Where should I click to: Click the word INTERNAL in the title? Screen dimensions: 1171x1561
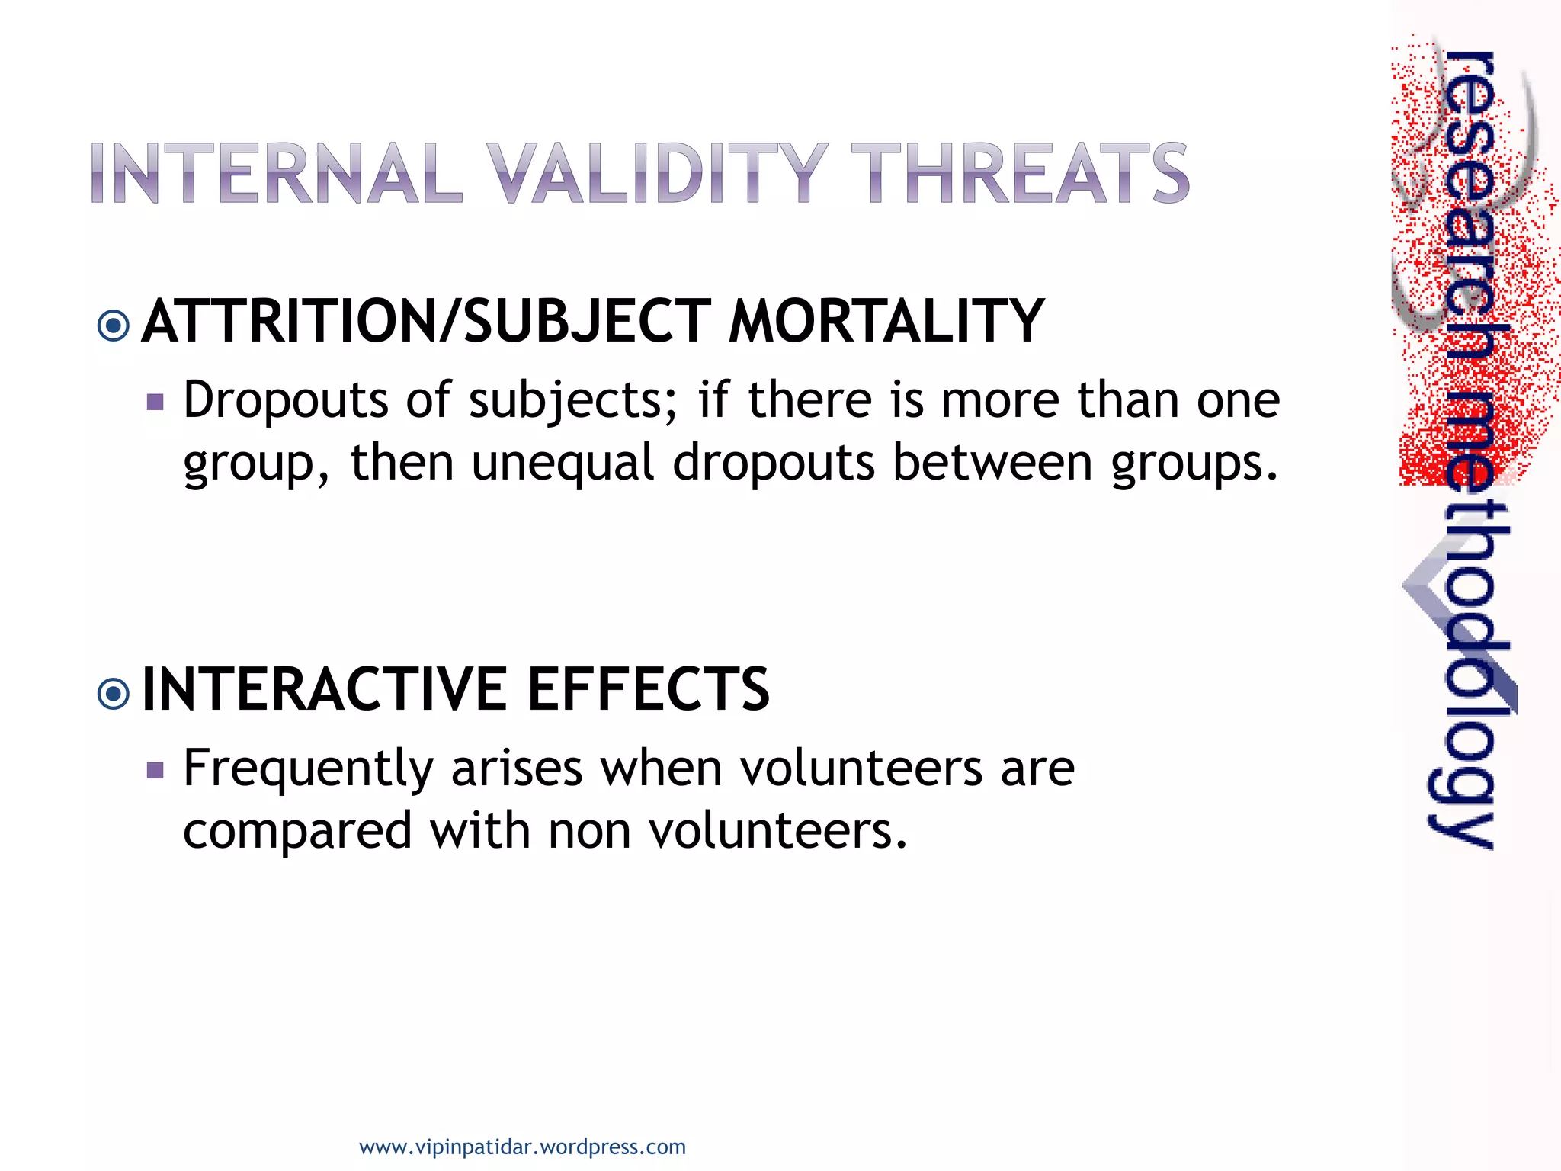(276, 174)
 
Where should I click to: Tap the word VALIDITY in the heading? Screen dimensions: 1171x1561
(657, 174)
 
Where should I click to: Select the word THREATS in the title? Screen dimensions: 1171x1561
(1020, 174)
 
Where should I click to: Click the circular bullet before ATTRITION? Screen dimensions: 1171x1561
(114, 326)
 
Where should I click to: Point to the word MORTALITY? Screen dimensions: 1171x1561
(886, 322)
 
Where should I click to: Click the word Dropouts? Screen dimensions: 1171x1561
(286, 400)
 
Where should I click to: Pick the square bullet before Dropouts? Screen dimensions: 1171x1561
(155, 402)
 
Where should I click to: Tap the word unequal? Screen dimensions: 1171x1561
(563, 463)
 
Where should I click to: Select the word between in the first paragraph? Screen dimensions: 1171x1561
(992, 463)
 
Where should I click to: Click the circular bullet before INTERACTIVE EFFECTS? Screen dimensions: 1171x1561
(114, 694)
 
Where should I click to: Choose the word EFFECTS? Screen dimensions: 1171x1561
(649, 689)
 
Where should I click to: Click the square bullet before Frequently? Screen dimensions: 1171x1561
(155, 770)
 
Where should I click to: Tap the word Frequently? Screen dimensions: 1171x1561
(308, 768)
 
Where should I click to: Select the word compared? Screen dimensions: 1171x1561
(297, 831)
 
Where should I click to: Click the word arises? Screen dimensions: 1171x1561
(517, 768)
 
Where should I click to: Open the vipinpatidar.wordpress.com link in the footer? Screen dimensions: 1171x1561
(522, 1147)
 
